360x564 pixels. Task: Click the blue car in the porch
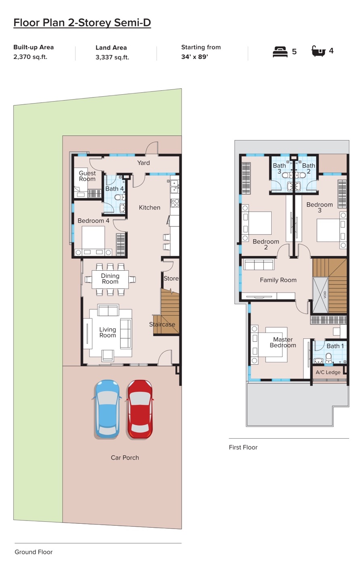tap(106, 409)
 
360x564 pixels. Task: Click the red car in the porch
tap(139, 409)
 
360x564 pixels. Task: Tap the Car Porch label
tap(125, 458)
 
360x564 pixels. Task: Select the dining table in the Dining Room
tap(110, 279)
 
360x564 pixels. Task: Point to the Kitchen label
tap(150, 207)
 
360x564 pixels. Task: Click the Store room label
tap(171, 278)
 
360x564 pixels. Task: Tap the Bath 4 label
tap(114, 189)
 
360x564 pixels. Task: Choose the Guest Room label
tap(87, 176)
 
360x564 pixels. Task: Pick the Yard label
tap(144, 163)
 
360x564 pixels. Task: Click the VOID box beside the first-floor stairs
tap(320, 295)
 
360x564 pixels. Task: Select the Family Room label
tap(278, 280)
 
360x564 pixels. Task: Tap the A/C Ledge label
tap(328, 372)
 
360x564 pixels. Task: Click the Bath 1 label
tap(335, 346)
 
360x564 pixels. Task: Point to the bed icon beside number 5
tap(280, 52)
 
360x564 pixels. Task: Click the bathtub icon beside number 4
tap(318, 51)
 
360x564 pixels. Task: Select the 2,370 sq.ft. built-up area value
tap(30, 57)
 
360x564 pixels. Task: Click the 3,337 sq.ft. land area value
tap(112, 57)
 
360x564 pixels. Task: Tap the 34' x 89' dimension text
tap(194, 57)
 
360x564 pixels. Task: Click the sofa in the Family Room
tap(259, 264)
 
